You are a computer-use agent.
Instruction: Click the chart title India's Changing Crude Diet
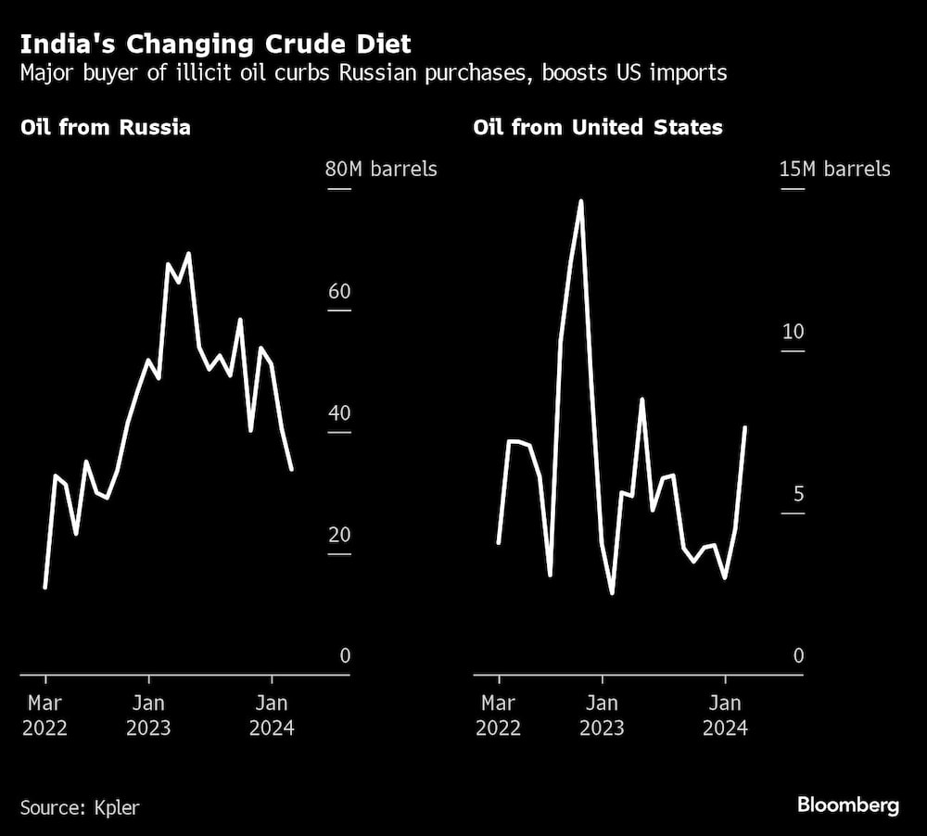pos(216,44)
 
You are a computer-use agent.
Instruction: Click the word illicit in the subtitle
pos(221,72)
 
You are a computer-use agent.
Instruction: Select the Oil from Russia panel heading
pos(106,127)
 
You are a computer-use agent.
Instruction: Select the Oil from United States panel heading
pos(598,127)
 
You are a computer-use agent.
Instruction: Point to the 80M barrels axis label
pos(380,170)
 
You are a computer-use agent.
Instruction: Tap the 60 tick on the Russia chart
pos(339,292)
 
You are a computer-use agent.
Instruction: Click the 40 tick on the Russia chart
pos(339,413)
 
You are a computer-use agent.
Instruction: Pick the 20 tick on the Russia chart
pos(339,535)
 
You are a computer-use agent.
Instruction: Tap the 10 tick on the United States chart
pos(793,332)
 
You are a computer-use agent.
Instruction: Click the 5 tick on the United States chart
pos(798,494)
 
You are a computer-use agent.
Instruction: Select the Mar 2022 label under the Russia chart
pos(44,715)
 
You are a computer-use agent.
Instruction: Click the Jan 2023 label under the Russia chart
pos(147,715)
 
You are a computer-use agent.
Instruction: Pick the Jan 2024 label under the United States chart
pos(725,715)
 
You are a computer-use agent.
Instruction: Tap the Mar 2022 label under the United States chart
pos(499,715)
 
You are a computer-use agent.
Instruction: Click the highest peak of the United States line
pos(580,200)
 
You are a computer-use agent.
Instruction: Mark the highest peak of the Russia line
pos(188,253)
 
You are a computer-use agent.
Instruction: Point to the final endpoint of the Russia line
pos(292,469)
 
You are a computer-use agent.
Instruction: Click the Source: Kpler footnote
pos(80,807)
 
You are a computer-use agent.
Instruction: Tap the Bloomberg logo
pos(848,805)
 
